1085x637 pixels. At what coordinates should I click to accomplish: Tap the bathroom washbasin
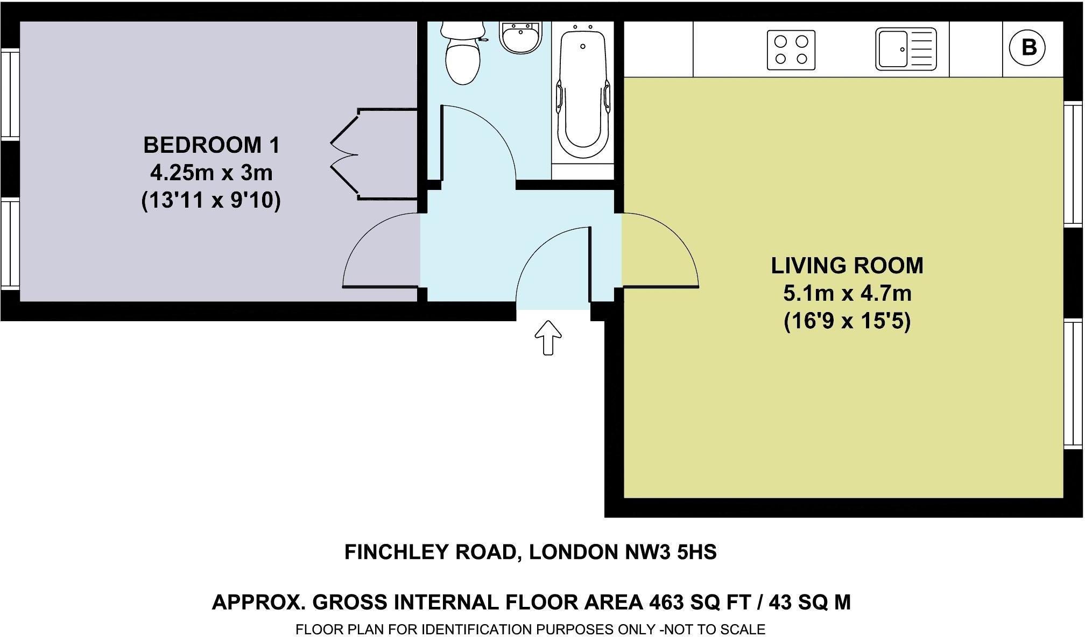click(520, 38)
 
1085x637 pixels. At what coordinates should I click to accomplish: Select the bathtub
click(583, 91)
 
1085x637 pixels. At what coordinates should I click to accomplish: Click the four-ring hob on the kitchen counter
click(791, 50)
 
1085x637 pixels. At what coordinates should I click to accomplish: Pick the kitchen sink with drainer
click(906, 49)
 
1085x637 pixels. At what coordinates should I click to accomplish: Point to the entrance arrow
click(548, 338)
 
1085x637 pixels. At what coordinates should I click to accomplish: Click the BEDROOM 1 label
click(212, 145)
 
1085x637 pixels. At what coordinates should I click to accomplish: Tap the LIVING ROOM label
click(847, 266)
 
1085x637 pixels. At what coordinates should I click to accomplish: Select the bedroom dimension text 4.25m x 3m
click(211, 173)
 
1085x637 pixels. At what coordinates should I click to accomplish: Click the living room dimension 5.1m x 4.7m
click(847, 294)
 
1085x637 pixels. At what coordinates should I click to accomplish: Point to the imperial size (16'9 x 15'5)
click(847, 322)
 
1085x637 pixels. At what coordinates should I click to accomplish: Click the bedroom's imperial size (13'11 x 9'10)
click(211, 201)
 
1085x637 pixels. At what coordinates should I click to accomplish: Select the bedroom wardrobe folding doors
click(344, 154)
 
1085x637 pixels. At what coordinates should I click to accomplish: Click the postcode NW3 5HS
click(670, 552)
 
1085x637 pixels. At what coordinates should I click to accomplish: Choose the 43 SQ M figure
click(809, 602)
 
